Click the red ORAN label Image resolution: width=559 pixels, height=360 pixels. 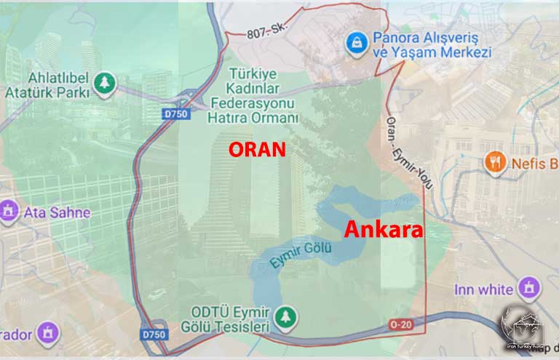click(257, 148)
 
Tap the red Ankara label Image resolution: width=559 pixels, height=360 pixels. click(383, 230)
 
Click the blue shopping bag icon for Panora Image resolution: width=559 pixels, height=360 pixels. click(356, 43)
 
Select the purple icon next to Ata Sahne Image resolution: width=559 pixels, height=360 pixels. click(8, 212)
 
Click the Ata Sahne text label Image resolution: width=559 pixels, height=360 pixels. click(58, 213)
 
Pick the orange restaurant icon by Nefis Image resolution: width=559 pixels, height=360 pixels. click(495, 162)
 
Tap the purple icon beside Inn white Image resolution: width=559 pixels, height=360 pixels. click(528, 288)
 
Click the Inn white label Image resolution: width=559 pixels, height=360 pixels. click(484, 289)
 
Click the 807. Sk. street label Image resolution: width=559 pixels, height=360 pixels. click(266, 31)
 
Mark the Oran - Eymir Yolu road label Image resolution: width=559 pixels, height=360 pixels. click(408, 153)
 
